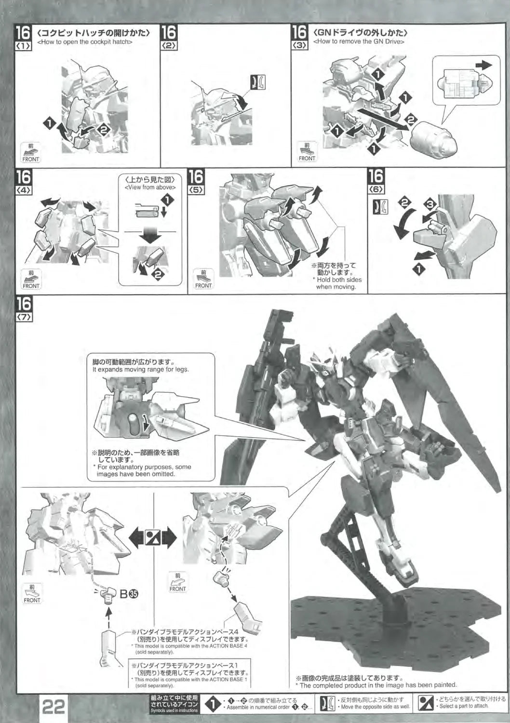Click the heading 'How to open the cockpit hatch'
[85, 42]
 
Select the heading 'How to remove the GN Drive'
[359, 41]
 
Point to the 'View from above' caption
[150, 187]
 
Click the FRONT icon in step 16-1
[31, 153]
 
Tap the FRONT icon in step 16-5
[203, 280]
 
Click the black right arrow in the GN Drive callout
[484, 65]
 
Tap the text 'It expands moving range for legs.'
[141, 369]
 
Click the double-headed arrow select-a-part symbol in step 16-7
[153, 539]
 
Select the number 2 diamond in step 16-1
[104, 130]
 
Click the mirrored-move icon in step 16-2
[258, 82]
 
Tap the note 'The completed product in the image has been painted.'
[376, 685]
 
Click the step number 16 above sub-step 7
[24, 304]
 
